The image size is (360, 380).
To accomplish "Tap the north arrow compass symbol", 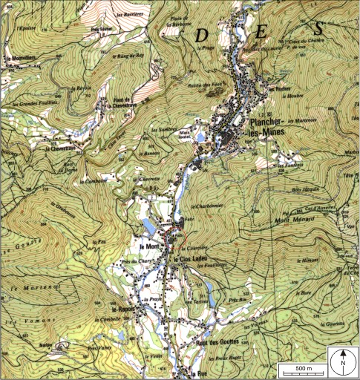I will click(x=344, y=361).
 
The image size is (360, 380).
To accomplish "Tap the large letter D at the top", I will click(x=200, y=35).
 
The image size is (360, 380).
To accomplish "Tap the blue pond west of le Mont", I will click(x=150, y=226).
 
